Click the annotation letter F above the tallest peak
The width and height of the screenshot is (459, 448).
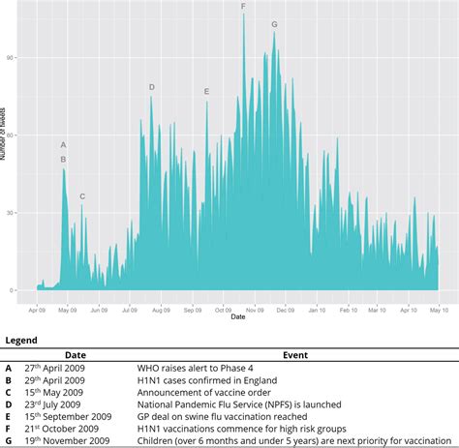tap(243, 7)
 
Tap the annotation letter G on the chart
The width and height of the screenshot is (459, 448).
tap(274, 24)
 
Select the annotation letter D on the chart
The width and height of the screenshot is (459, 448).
tap(152, 87)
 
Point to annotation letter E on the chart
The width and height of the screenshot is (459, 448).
tap(206, 92)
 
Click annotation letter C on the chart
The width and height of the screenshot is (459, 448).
tap(82, 196)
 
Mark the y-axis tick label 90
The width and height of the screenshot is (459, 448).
tap(13, 57)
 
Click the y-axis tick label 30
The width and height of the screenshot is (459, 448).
tap(13, 213)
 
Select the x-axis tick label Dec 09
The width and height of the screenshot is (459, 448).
tap(285, 311)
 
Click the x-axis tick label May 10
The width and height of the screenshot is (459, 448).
tap(438, 311)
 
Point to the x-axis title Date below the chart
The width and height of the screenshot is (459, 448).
tap(238, 318)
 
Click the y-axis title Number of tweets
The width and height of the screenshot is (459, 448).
tap(4, 155)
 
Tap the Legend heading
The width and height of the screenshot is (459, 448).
tap(22, 341)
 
